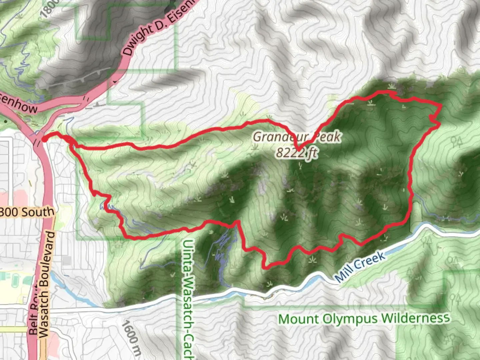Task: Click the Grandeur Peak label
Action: [x=297, y=137]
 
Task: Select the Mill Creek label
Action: [x=360, y=267]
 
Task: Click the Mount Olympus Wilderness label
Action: [x=364, y=319]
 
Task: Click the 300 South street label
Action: [x=27, y=212]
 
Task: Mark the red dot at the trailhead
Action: [x=43, y=139]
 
